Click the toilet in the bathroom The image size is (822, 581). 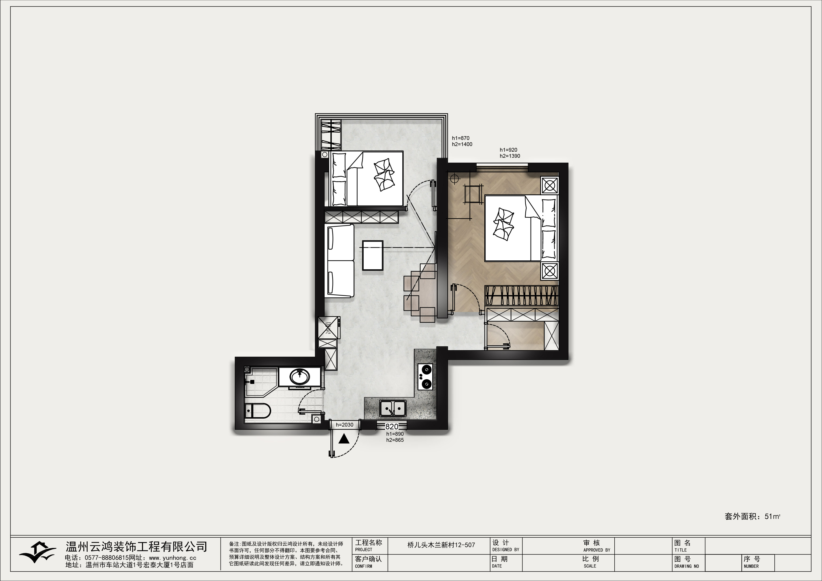[x=257, y=411]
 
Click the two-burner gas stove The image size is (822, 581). [x=425, y=377]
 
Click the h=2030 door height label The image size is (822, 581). [x=344, y=425]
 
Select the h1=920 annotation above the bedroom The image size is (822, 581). [x=508, y=150]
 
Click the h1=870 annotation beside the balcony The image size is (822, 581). [x=460, y=138]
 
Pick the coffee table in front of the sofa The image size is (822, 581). [x=373, y=255]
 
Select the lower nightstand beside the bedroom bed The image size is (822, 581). [x=549, y=271]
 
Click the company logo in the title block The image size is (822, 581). [x=37, y=554]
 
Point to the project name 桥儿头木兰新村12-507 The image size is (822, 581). [x=441, y=545]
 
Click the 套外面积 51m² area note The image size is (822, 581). [x=752, y=517]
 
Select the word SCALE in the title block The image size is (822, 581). [x=590, y=566]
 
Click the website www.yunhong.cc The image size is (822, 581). [x=172, y=558]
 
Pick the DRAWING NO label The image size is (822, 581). [x=687, y=566]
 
